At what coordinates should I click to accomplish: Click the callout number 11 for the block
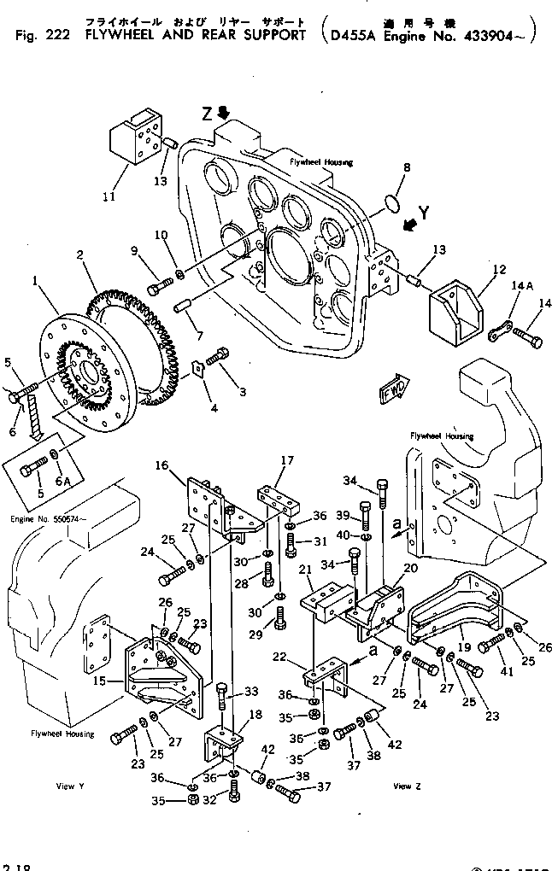(x=109, y=196)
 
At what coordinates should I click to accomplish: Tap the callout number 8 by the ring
(x=407, y=168)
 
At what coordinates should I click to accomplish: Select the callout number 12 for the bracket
(x=477, y=270)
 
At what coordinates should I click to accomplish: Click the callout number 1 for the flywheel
(x=35, y=279)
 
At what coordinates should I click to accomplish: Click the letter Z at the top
(x=208, y=114)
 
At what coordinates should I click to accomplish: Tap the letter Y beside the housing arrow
(x=425, y=210)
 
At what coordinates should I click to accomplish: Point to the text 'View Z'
(x=406, y=785)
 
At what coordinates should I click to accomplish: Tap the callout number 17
(x=288, y=460)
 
